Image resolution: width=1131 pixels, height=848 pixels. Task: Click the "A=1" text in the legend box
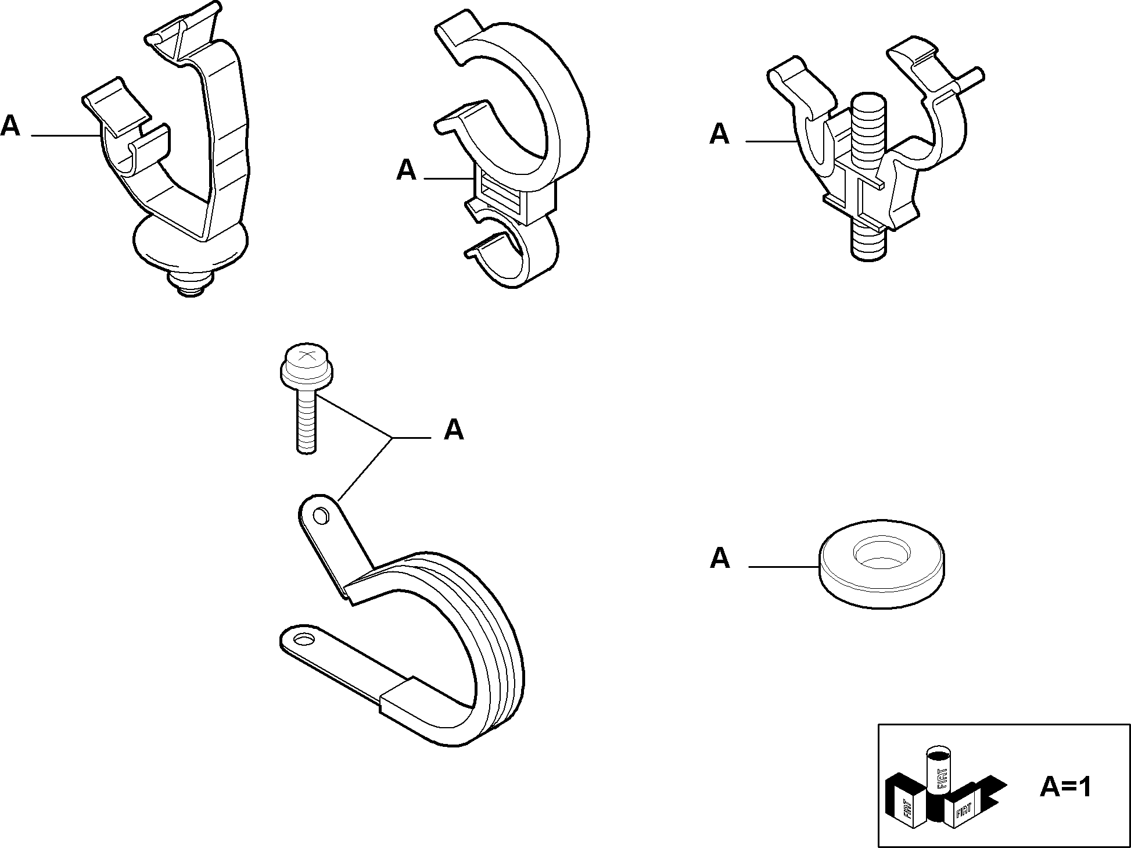coord(1065,787)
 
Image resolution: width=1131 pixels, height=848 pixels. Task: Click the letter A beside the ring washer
coord(720,558)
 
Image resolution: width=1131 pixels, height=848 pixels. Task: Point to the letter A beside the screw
coord(454,430)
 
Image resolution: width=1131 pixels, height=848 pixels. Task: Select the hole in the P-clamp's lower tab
coord(303,640)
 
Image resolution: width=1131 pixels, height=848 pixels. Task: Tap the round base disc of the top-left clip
coord(192,244)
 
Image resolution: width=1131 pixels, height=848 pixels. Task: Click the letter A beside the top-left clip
coord(10,126)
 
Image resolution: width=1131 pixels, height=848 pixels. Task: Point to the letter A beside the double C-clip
coord(406,170)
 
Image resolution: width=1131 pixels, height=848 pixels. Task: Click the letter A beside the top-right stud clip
coord(720,134)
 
